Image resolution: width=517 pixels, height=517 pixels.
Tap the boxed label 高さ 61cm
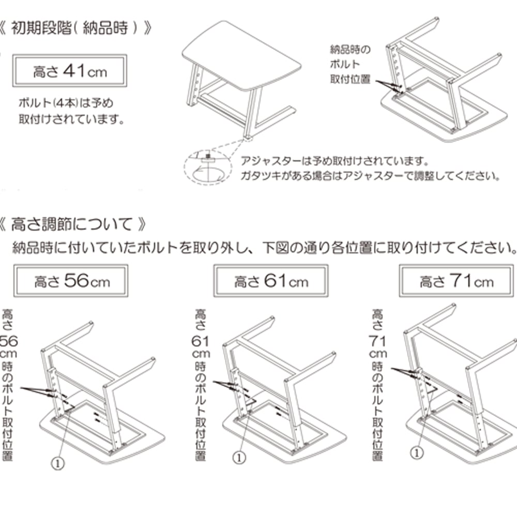click(x=271, y=281)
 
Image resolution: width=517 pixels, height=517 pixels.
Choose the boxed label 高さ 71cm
click(x=457, y=281)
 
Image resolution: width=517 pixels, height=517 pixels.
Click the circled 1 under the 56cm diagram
click(x=58, y=463)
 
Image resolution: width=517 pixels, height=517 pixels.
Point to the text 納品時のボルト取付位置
click(x=351, y=65)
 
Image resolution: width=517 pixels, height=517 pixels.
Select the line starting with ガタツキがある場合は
click(x=370, y=176)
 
